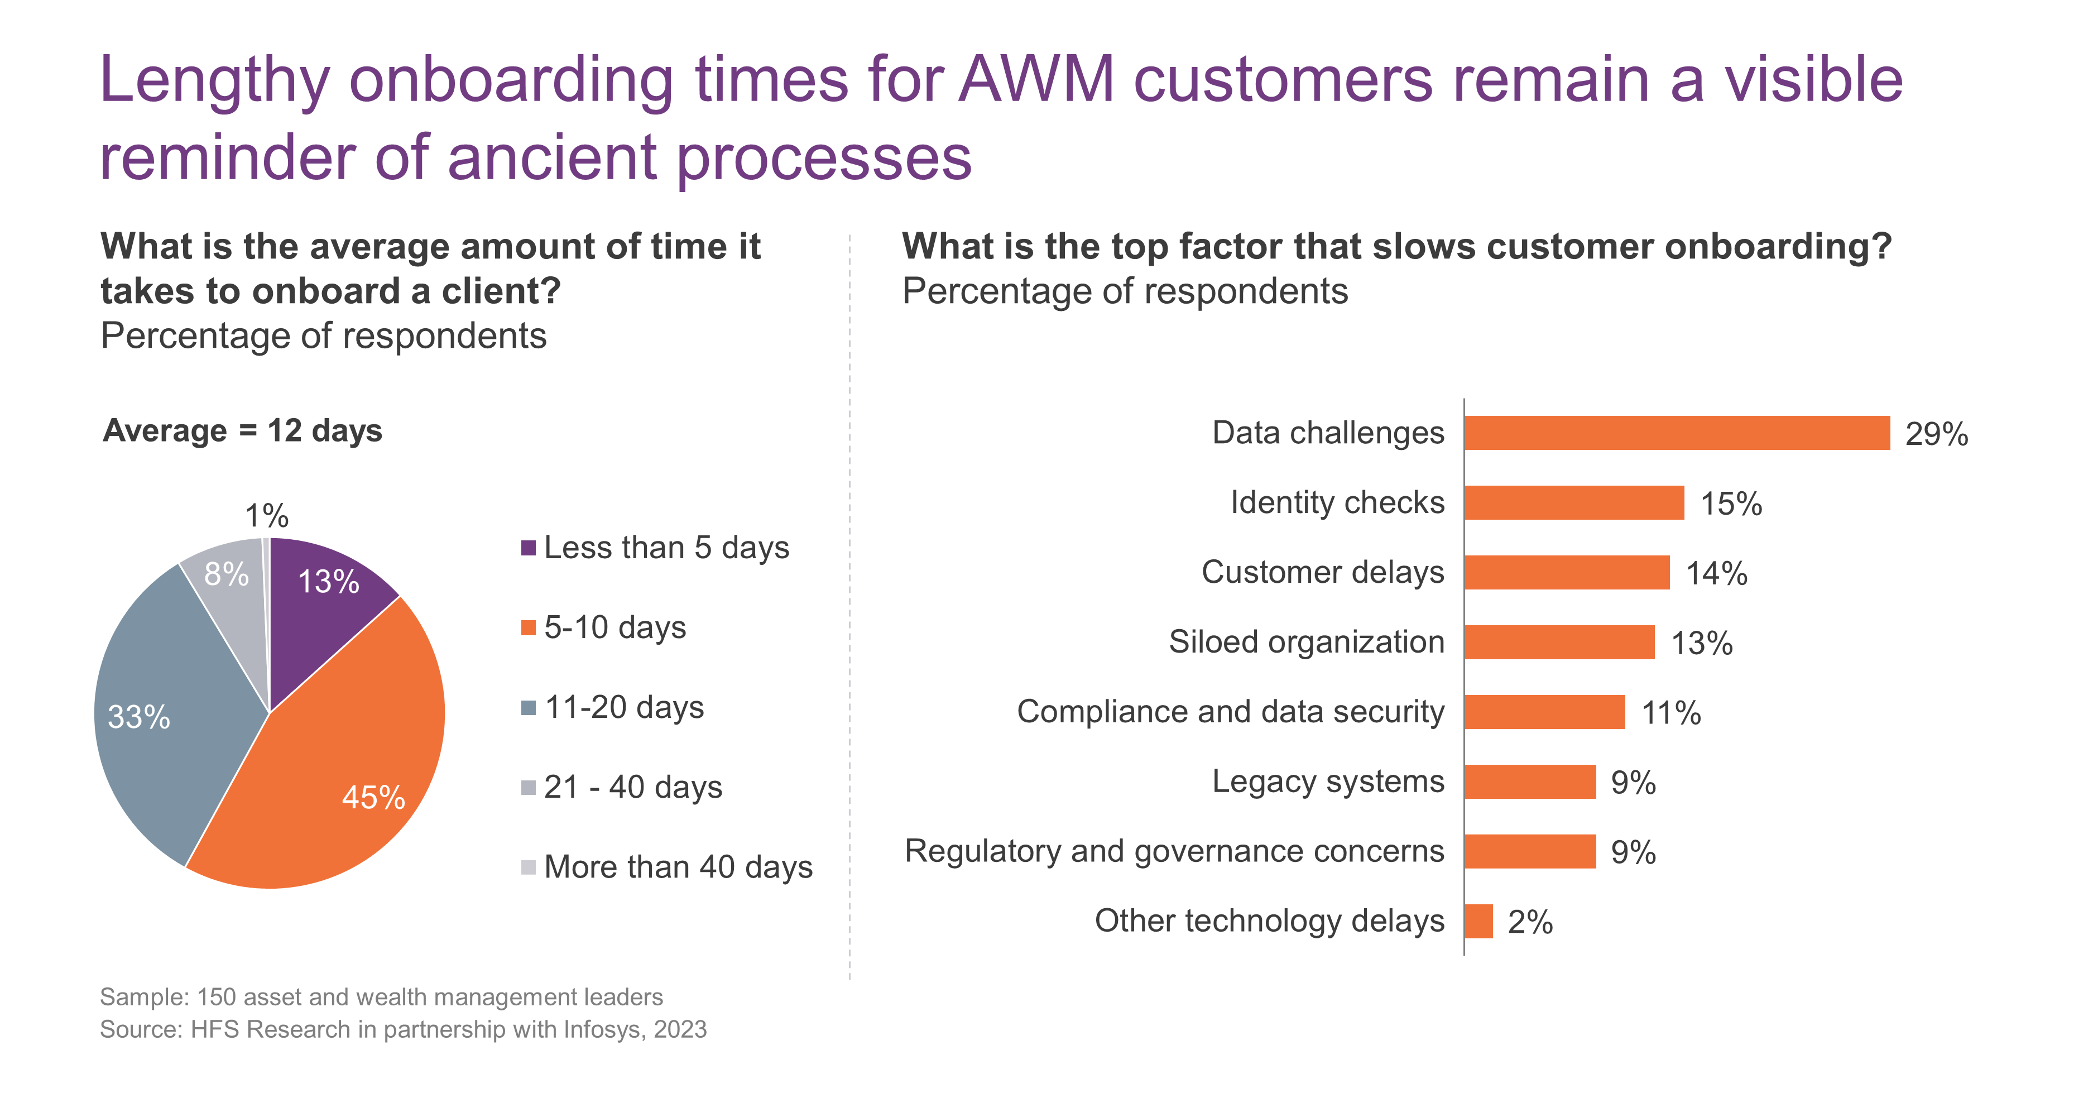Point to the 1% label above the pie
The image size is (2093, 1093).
[x=266, y=516]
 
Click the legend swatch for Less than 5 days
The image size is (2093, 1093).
[x=528, y=548]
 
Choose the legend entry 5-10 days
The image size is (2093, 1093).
[x=604, y=627]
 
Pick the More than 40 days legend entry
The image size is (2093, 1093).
[x=666, y=867]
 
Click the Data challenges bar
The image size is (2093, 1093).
[x=1677, y=433]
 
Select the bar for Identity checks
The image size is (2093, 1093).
[x=1574, y=503]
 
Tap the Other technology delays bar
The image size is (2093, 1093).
[x=1478, y=922]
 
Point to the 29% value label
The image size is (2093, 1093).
[x=1937, y=434]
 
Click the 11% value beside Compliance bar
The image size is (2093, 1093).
[x=1671, y=713]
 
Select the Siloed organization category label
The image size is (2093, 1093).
[x=1307, y=642]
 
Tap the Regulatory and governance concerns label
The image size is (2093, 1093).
[x=1175, y=852]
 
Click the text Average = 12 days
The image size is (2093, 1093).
[x=242, y=431]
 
